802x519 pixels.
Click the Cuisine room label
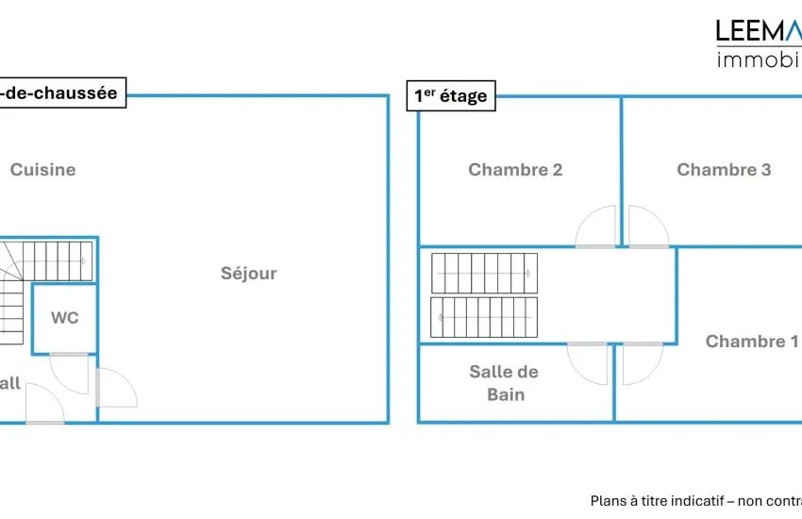click(x=42, y=170)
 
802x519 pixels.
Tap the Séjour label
click(x=249, y=274)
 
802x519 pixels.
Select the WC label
click(x=65, y=318)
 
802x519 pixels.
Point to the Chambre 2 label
click(x=515, y=170)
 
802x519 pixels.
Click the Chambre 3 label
click(x=724, y=170)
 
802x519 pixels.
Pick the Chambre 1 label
click(x=752, y=342)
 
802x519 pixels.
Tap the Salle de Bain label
click(x=505, y=383)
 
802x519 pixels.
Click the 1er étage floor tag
click(x=450, y=95)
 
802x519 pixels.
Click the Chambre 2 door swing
click(x=597, y=227)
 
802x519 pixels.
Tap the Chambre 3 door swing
click(x=647, y=227)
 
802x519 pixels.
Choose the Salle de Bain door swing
click(x=589, y=362)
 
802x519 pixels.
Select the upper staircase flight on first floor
click(x=484, y=273)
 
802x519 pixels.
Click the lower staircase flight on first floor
click(x=484, y=317)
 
